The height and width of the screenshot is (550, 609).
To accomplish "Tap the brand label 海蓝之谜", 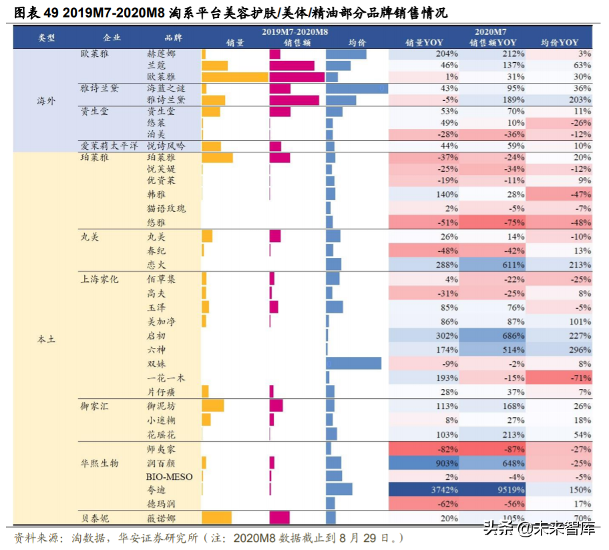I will tap(165, 88).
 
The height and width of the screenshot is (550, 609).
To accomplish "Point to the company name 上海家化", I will tap(99, 279).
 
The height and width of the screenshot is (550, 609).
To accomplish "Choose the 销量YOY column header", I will tap(424, 42).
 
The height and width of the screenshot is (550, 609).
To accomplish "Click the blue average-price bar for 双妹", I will tap(354, 364).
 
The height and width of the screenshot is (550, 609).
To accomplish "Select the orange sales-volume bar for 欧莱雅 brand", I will tap(234, 77).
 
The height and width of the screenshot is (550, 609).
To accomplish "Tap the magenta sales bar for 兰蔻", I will tap(292, 65).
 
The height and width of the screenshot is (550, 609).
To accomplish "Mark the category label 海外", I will tap(46, 100).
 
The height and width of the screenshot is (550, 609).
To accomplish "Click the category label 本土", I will tap(46, 339).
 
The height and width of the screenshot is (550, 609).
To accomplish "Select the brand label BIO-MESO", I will tap(169, 476).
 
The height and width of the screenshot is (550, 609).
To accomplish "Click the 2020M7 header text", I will tap(491, 31).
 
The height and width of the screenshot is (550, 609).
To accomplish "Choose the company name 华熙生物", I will tap(99, 462).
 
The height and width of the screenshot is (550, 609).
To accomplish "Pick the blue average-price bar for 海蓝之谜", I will tap(357, 88).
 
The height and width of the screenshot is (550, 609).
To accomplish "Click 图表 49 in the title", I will tap(36, 12).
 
